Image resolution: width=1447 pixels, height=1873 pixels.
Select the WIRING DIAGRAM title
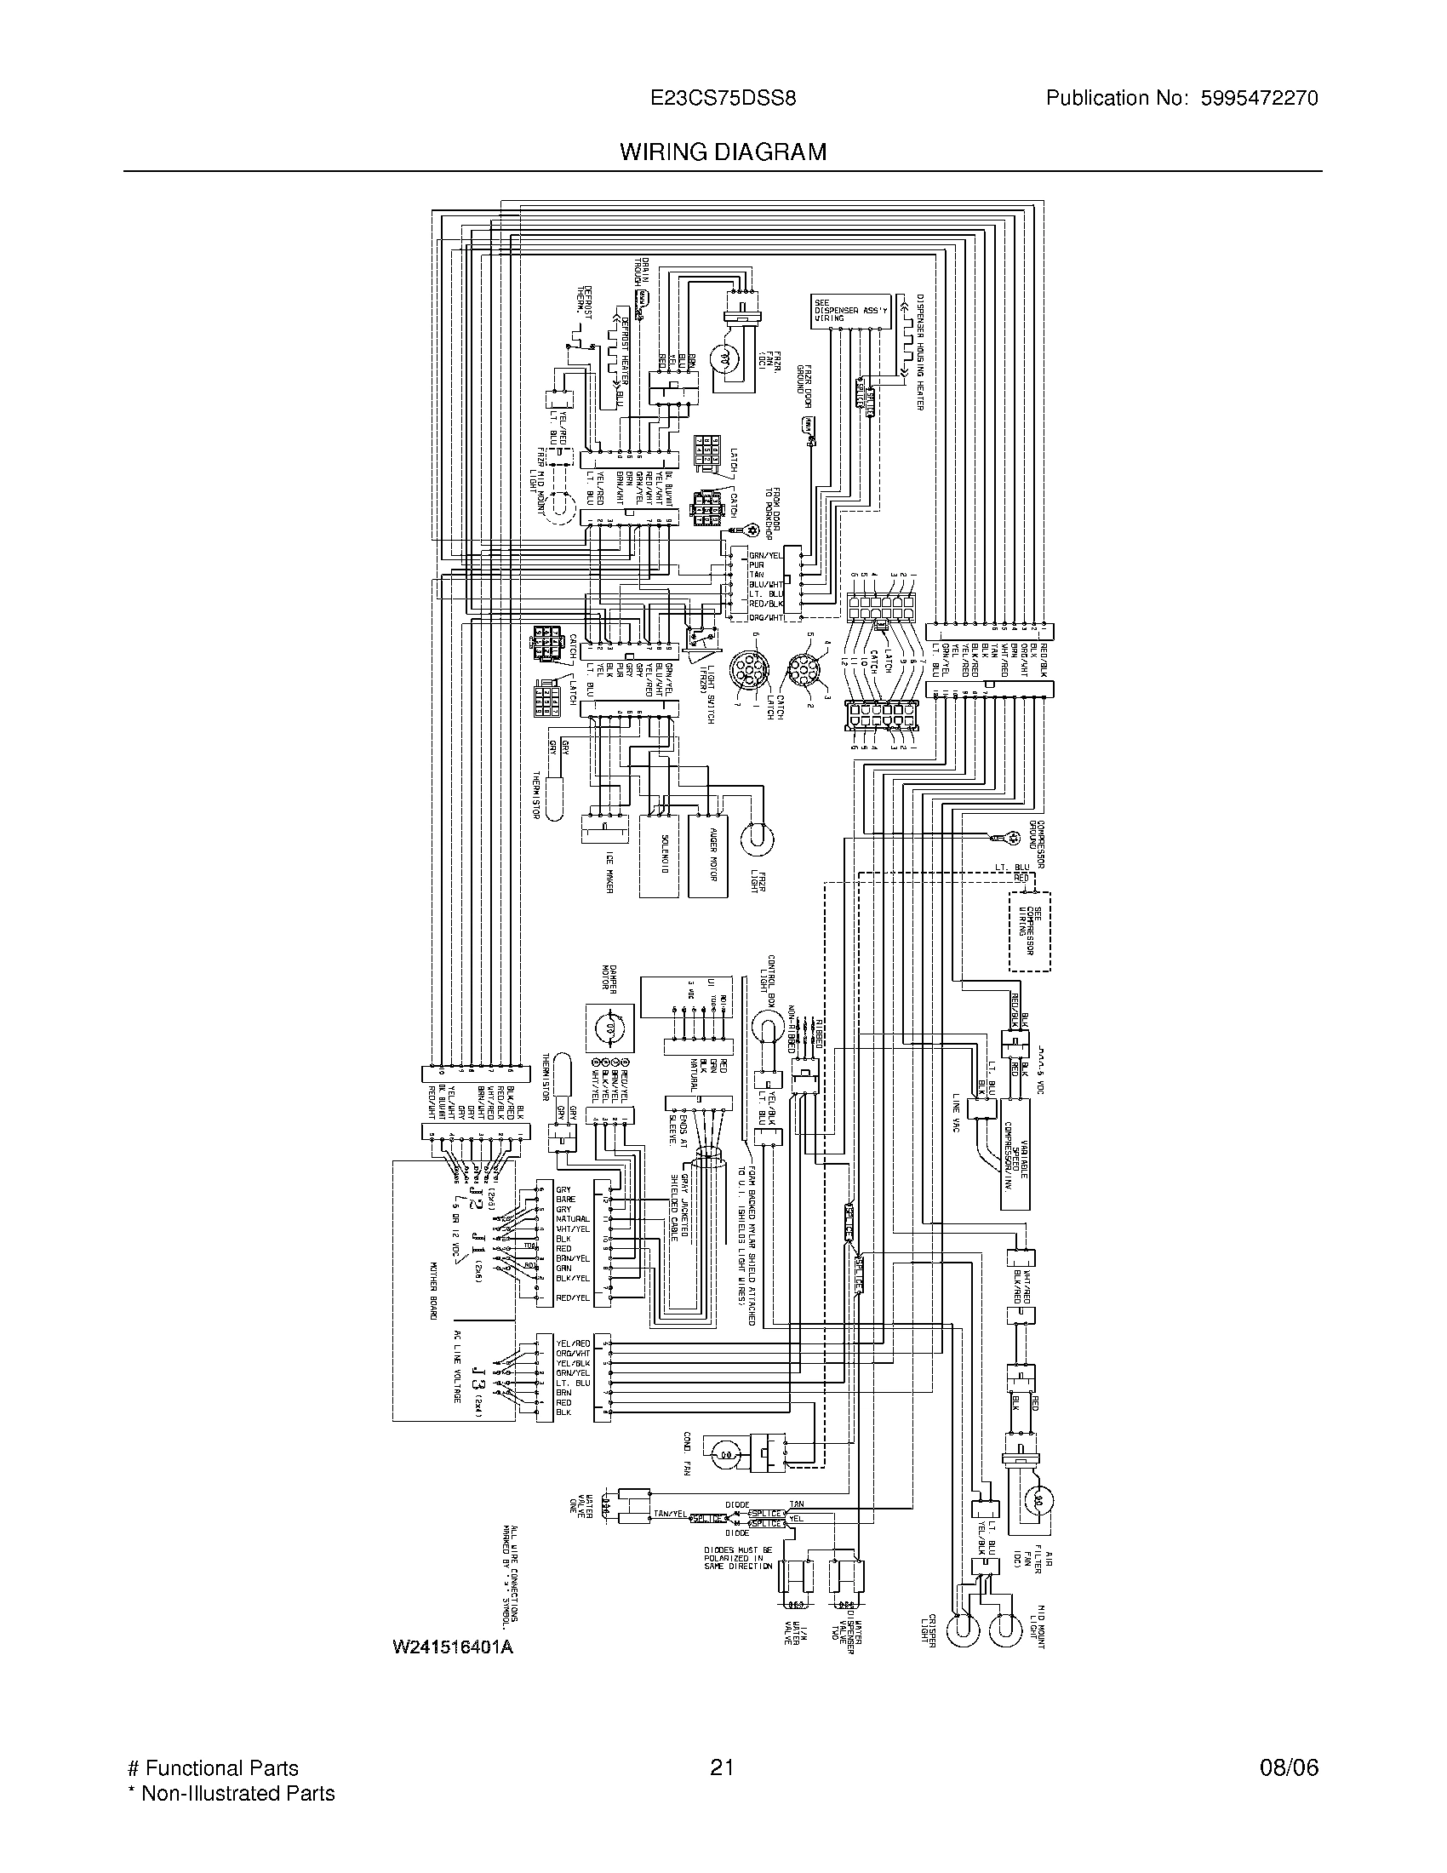[723, 152]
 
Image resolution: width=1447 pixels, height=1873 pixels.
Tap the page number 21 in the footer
[723, 1768]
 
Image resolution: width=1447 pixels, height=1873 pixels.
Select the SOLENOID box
[660, 855]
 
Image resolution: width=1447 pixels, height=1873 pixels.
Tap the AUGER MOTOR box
[707, 855]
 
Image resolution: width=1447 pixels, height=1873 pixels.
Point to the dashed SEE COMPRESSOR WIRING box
[1030, 931]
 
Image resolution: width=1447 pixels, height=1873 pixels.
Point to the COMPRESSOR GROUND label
[1037, 845]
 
